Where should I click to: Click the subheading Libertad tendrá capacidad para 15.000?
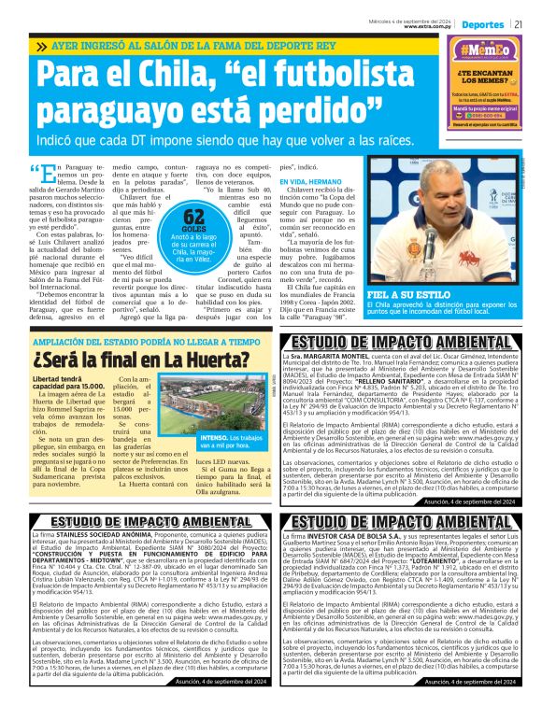(x=68, y=382)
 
